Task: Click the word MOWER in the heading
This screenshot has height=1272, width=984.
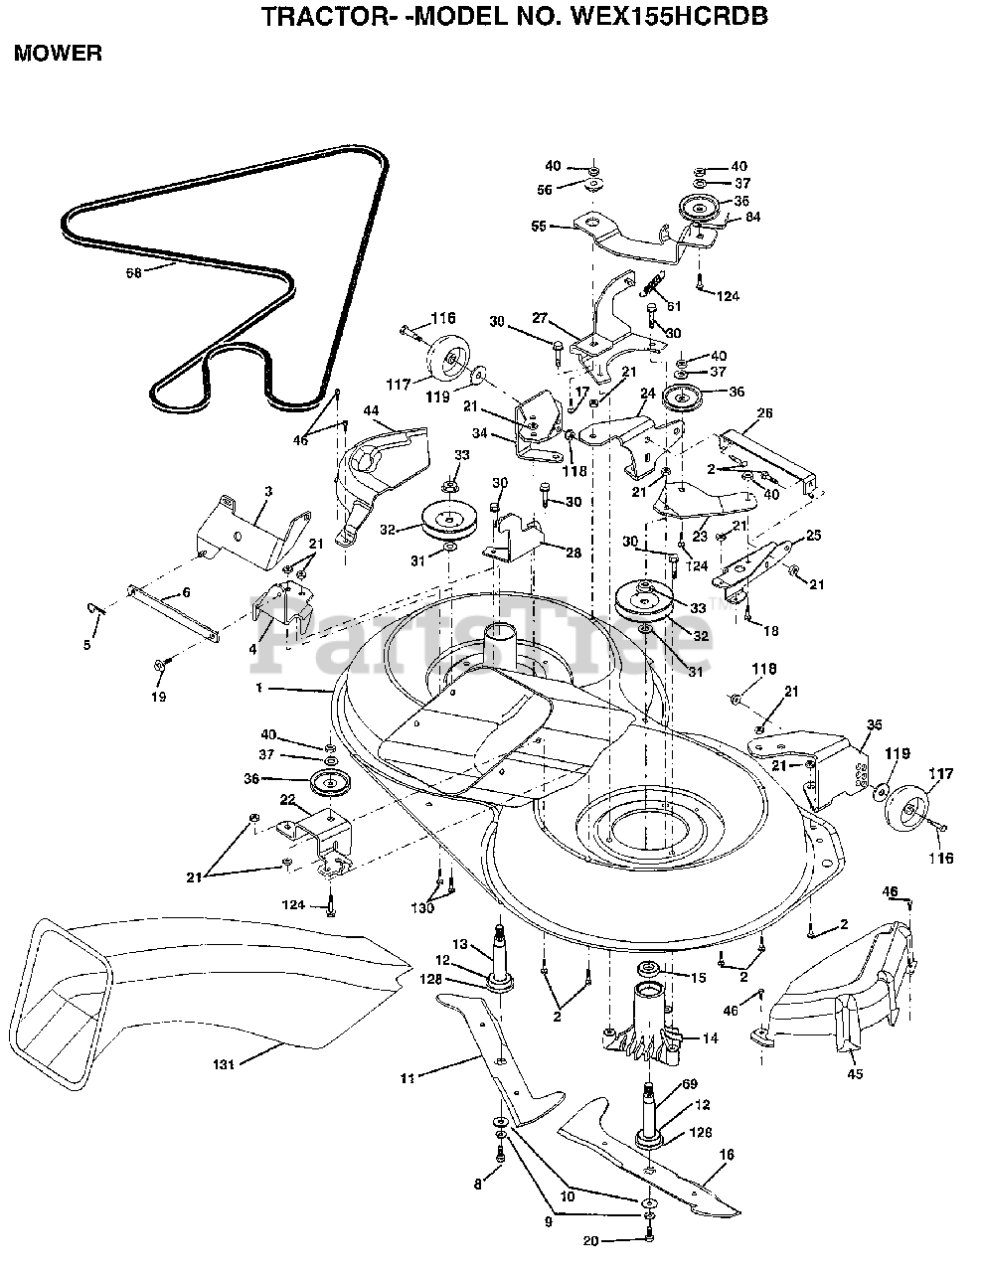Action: [58, 54]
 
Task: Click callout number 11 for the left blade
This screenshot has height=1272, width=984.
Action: [408, 1075]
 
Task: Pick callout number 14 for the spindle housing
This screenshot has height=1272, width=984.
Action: [711, 1038]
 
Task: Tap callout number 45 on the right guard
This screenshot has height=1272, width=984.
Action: [855, 1073]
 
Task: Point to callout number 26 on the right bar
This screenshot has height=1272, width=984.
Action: [763, 412]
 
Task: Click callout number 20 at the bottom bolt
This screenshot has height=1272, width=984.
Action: [591, 1239]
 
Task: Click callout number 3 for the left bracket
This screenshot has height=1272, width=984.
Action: [241, 491]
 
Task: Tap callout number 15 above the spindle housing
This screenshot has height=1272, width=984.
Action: [698, 978]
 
